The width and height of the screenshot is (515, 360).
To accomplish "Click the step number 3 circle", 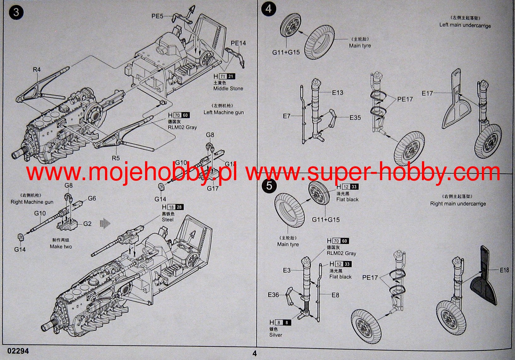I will pos(16,12).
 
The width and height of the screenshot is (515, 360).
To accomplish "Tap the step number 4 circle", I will pos(268,9).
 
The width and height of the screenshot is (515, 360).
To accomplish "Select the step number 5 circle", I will pos(269,185).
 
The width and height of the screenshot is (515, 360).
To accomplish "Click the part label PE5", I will pos(157,16).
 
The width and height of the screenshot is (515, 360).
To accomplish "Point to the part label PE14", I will pos(238,43).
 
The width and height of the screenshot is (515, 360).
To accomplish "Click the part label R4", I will pos(37,69).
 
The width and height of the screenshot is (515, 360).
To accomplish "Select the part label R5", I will pos(116,158).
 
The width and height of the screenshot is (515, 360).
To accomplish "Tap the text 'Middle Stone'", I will pos(228,89).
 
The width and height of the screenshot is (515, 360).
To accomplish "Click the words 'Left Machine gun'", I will pos(223,112).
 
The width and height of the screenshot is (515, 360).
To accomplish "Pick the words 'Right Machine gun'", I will pos(32,202).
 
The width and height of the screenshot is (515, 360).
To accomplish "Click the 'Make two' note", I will pos(61,246).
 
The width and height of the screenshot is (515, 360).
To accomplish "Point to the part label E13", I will pos(337,93).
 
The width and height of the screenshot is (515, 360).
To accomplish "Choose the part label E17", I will pos(427,93).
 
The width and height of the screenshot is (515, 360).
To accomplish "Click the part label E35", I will pos(355,118).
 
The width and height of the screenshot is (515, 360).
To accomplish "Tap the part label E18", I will pos(504,270).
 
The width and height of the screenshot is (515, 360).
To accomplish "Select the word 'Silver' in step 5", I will pos(276,335).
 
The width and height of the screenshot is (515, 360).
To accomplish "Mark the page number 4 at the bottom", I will pos(255,353).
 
